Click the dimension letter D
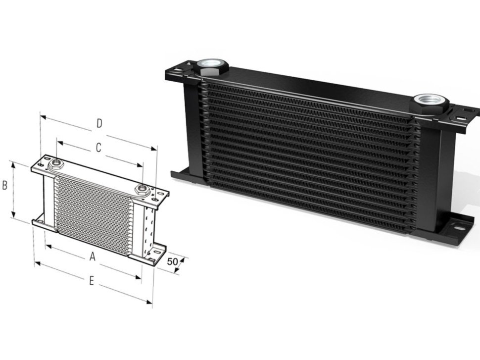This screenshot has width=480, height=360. coord(99,123)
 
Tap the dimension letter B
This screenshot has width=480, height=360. coord(4,186)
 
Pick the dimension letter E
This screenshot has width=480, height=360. coord(92,281)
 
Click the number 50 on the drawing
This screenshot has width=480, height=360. coord(173,261)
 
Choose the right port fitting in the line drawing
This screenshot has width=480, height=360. coord(143,189)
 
